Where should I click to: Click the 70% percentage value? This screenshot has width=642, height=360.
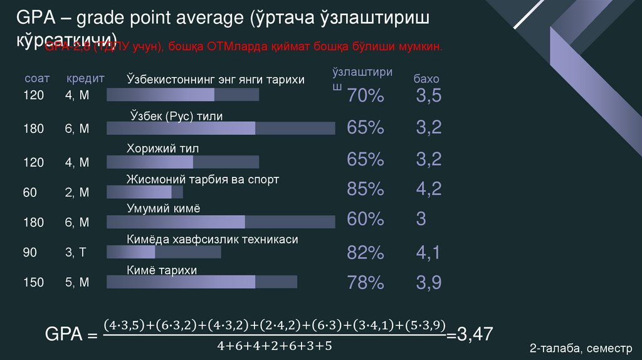point(365,96)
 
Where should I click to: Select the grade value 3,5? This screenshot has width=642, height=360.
point(429,96)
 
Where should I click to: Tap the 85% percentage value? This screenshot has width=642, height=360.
point(365,188)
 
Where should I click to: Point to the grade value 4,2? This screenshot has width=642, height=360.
point(429,188)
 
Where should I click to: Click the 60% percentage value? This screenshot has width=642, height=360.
point(365,219)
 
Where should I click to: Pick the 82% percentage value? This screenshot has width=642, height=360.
point(365,253)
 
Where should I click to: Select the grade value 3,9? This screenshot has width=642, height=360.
point(429,283)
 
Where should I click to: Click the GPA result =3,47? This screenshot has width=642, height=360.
point(470,334)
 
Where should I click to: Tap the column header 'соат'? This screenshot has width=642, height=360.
point(36,79)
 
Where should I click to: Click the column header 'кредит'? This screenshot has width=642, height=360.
point(85,79)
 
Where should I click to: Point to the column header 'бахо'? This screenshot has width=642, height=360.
point(426,80)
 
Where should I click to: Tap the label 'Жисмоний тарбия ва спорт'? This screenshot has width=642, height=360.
point(203,179)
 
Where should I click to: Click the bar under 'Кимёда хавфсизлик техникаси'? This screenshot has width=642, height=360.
point(164,252)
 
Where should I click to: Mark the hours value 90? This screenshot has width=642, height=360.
point(31,253)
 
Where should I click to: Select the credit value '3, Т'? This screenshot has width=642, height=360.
point(76,253)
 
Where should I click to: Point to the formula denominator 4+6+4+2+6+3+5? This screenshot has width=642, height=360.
point(274,346)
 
